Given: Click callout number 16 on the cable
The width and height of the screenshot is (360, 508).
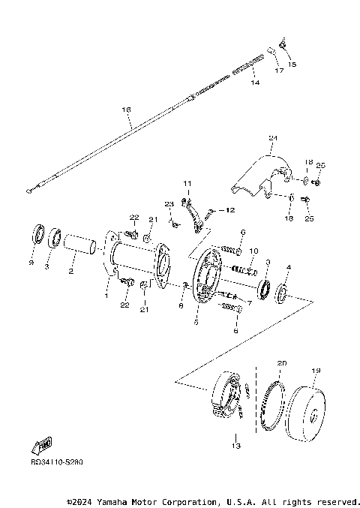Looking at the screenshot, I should point(126,110).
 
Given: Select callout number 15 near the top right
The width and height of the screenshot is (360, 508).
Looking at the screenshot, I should point(292,65).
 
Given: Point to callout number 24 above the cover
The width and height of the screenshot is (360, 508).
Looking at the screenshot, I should point(273,139).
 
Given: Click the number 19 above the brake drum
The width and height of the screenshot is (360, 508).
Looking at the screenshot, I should point(316,370).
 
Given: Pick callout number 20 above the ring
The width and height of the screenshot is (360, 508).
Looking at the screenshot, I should point(282,362).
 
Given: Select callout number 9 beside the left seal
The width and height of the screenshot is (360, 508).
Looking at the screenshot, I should point(31,263).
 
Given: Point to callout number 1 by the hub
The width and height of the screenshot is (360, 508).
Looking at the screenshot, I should point(106,295).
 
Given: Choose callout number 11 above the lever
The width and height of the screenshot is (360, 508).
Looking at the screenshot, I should point(187,184).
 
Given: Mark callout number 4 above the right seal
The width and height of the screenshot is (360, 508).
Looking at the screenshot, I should point(288,266).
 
